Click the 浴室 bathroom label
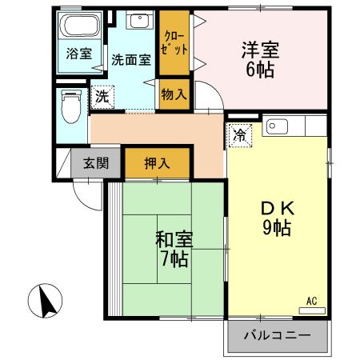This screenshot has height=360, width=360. pyautogui.click(x=78, y=54)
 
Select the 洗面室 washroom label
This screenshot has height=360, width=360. pyautogui.click(x=131, y=58)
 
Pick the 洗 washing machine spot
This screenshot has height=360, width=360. pyautogui.click(x=102, y=97)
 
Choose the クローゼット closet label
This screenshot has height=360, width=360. pyautogui.click(x=173, y=42)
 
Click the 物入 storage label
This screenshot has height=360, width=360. pyautogui.click(x=174, y=94)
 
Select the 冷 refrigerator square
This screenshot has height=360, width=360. pyautogui.click(x=239, y=134)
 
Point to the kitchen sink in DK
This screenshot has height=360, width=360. pyautogui.click(x=281, y=126)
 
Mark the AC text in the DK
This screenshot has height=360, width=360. pyautogui.click(x=311, y=301)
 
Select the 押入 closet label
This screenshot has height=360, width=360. pyautogui.click(x=157, y=163)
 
